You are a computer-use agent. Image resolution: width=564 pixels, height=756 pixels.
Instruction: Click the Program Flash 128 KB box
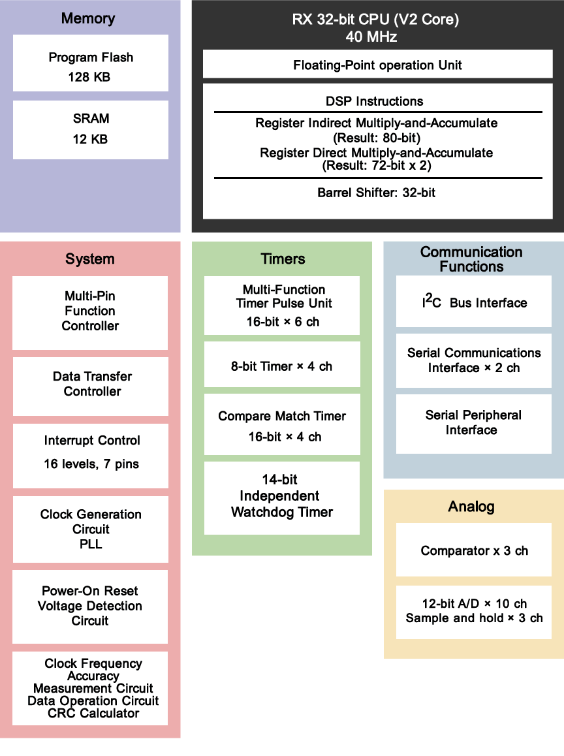(x=90, y=63)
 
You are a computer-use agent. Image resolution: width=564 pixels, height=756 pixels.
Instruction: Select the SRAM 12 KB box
(x=90, y=129)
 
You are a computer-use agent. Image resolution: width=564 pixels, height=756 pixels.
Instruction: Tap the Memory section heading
(x=88, y=18)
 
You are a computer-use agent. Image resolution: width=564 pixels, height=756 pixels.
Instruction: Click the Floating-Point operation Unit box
(x=377, y=65)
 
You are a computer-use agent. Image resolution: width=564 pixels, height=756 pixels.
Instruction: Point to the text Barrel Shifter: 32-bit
(x=377, y=193)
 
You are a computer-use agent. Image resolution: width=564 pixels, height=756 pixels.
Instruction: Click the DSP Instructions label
(x=374, y=101)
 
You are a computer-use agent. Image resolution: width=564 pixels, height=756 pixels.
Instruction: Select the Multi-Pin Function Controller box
(x=90, y=312)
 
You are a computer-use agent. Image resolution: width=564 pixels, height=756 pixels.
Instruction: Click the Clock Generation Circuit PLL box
(x=90, y=529)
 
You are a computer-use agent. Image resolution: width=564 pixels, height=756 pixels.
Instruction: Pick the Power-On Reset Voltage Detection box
(x=90, y=606)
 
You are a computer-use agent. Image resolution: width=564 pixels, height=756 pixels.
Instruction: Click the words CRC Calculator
(x=93, y=714)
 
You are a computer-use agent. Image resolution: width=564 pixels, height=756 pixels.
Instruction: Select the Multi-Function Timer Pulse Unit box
(x=282, y=305)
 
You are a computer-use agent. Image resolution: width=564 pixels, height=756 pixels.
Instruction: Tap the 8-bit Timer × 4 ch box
(x=282, y=366)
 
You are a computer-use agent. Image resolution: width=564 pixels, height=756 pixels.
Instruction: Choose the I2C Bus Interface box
(x=473, y=302)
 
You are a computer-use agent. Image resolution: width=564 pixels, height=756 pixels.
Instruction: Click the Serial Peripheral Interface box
(x=473, y=423)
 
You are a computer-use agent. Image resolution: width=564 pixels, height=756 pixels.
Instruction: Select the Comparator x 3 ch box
(x=473, y=550)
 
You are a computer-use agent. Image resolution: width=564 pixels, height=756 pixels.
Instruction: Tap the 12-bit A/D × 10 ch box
(x=473, y=611)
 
